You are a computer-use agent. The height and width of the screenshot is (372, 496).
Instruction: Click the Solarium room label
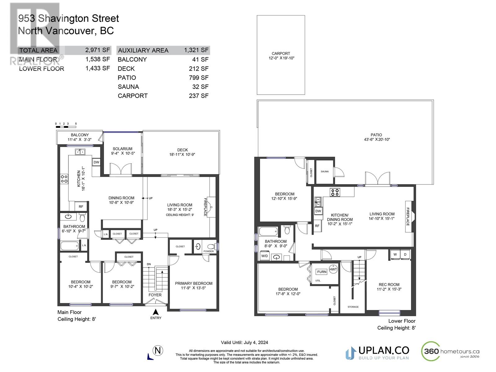pyautogui.click(x=122, y=149)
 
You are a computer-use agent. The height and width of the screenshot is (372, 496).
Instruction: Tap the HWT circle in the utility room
pyautogui.click(x=333, y=269)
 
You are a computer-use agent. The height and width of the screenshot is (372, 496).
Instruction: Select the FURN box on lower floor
pyautogui.click(x=321, y=272)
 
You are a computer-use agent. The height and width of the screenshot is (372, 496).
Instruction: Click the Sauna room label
pyautogui.click(x=325, y=171)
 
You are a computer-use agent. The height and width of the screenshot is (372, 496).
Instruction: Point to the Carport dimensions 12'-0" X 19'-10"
pyautogui.click(x=281, y=58)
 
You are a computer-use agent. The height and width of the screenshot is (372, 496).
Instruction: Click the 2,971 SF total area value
pyautogui.click(x=98, y=50)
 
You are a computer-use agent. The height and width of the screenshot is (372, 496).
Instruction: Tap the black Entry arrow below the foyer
pyautogui.click(x=156, y=312)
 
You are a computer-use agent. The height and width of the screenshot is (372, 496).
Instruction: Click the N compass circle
pyautogui.click(x=158, y=351)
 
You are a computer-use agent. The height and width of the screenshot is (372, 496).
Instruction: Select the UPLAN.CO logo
pyautogui.click(x=377, y=353)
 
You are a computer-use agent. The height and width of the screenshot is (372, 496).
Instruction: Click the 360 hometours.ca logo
pyautogui.click(x=450, y=352)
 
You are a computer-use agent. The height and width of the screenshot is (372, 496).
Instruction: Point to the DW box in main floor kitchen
pyautogui.click(x=96, y=162)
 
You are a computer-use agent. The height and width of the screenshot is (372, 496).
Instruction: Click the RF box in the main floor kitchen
pyautogui.click(x=81, y=206)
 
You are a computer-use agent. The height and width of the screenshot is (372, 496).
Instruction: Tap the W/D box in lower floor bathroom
pyautogui.click(x=264, y=256)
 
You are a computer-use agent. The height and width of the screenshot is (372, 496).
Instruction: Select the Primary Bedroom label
pyautogui.click(x=193, y=283)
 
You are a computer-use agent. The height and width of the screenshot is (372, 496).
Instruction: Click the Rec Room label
pyautogui.click(x=389, y=285)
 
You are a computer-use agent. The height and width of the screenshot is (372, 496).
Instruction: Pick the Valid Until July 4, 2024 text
pyautogui.click(x=244, y=343)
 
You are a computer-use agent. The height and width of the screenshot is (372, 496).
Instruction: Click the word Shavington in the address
pyautogui.click(x=78, y=19)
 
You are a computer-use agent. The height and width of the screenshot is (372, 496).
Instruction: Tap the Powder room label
pyautogui.click(x=208, y=251)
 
